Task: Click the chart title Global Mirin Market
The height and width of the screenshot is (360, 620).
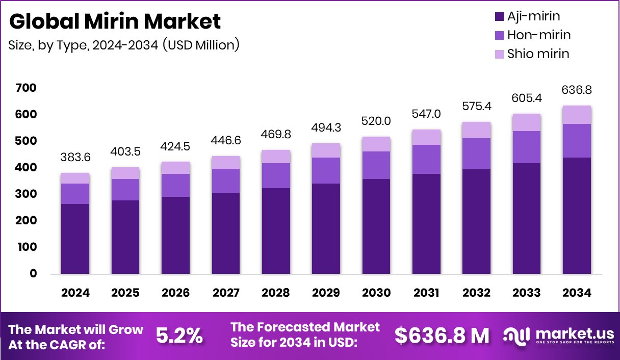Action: pyautogui.click(x=115, y=21)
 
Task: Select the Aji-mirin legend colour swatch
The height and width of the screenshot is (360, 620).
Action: pyautogui.click(x=499, y=16)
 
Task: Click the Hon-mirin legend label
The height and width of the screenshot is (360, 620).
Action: pyautogui.click(x=539, y=35)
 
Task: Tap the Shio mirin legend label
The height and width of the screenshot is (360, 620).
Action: pyautogui.click(x=538, y=54)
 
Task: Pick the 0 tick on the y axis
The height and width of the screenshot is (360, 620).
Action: pyautogui.click(x=33, y=273)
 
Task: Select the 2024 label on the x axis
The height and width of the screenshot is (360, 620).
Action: pyautogui.click(x=75, y=293)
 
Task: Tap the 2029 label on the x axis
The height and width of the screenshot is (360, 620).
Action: pyautogui.click(x=325, y=293)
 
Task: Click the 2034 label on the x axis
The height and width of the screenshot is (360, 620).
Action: pyautogui.click(x=577, y=293)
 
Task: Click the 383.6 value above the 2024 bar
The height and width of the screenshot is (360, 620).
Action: pyautogui.click(x=75, y=158)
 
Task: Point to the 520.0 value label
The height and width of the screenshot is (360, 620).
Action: pyautogui.click(x=376, y=121)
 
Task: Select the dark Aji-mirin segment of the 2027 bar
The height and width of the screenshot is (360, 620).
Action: pyautogui.click(x=226, y=233)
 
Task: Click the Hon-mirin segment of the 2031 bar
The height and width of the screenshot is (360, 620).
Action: pyautogui.click(x=426, y=159)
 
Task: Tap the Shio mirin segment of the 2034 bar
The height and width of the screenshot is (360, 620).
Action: pyautogui.click(x=577, y=115)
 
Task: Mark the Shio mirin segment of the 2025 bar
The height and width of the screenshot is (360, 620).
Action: pyautogui.click(x=125, y=173)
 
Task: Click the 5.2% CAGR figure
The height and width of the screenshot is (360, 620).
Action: pyautogui.click(x=179, y=336)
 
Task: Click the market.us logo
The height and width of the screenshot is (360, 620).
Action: pyautogui.click(x=559, y=336)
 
